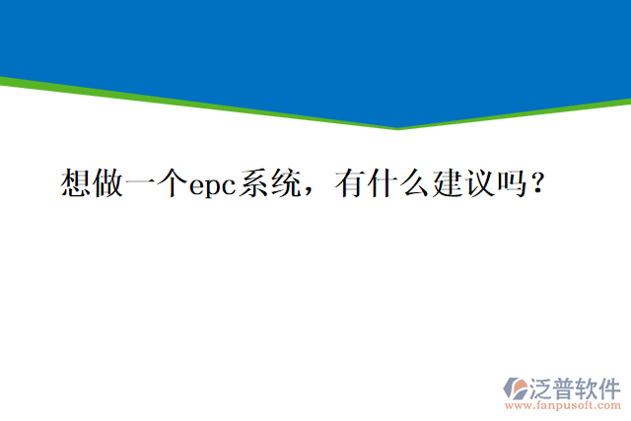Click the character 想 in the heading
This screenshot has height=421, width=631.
tap(77, 183)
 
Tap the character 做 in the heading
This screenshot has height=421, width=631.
tap(109, 183)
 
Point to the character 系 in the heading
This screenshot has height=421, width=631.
tap(269, 183)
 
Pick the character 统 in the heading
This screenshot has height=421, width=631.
tap(301, 183)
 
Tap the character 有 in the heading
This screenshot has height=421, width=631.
tap(351, 183)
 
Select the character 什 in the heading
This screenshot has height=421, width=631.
tap(383, 183)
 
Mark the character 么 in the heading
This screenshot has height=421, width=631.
tap(414, 183)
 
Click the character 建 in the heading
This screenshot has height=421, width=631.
tap(447, 183)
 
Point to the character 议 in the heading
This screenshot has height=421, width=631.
tap(478, 183)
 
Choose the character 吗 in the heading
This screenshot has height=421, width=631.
tap(510, 183)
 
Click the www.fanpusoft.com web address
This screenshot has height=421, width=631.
tap(563, 404)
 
